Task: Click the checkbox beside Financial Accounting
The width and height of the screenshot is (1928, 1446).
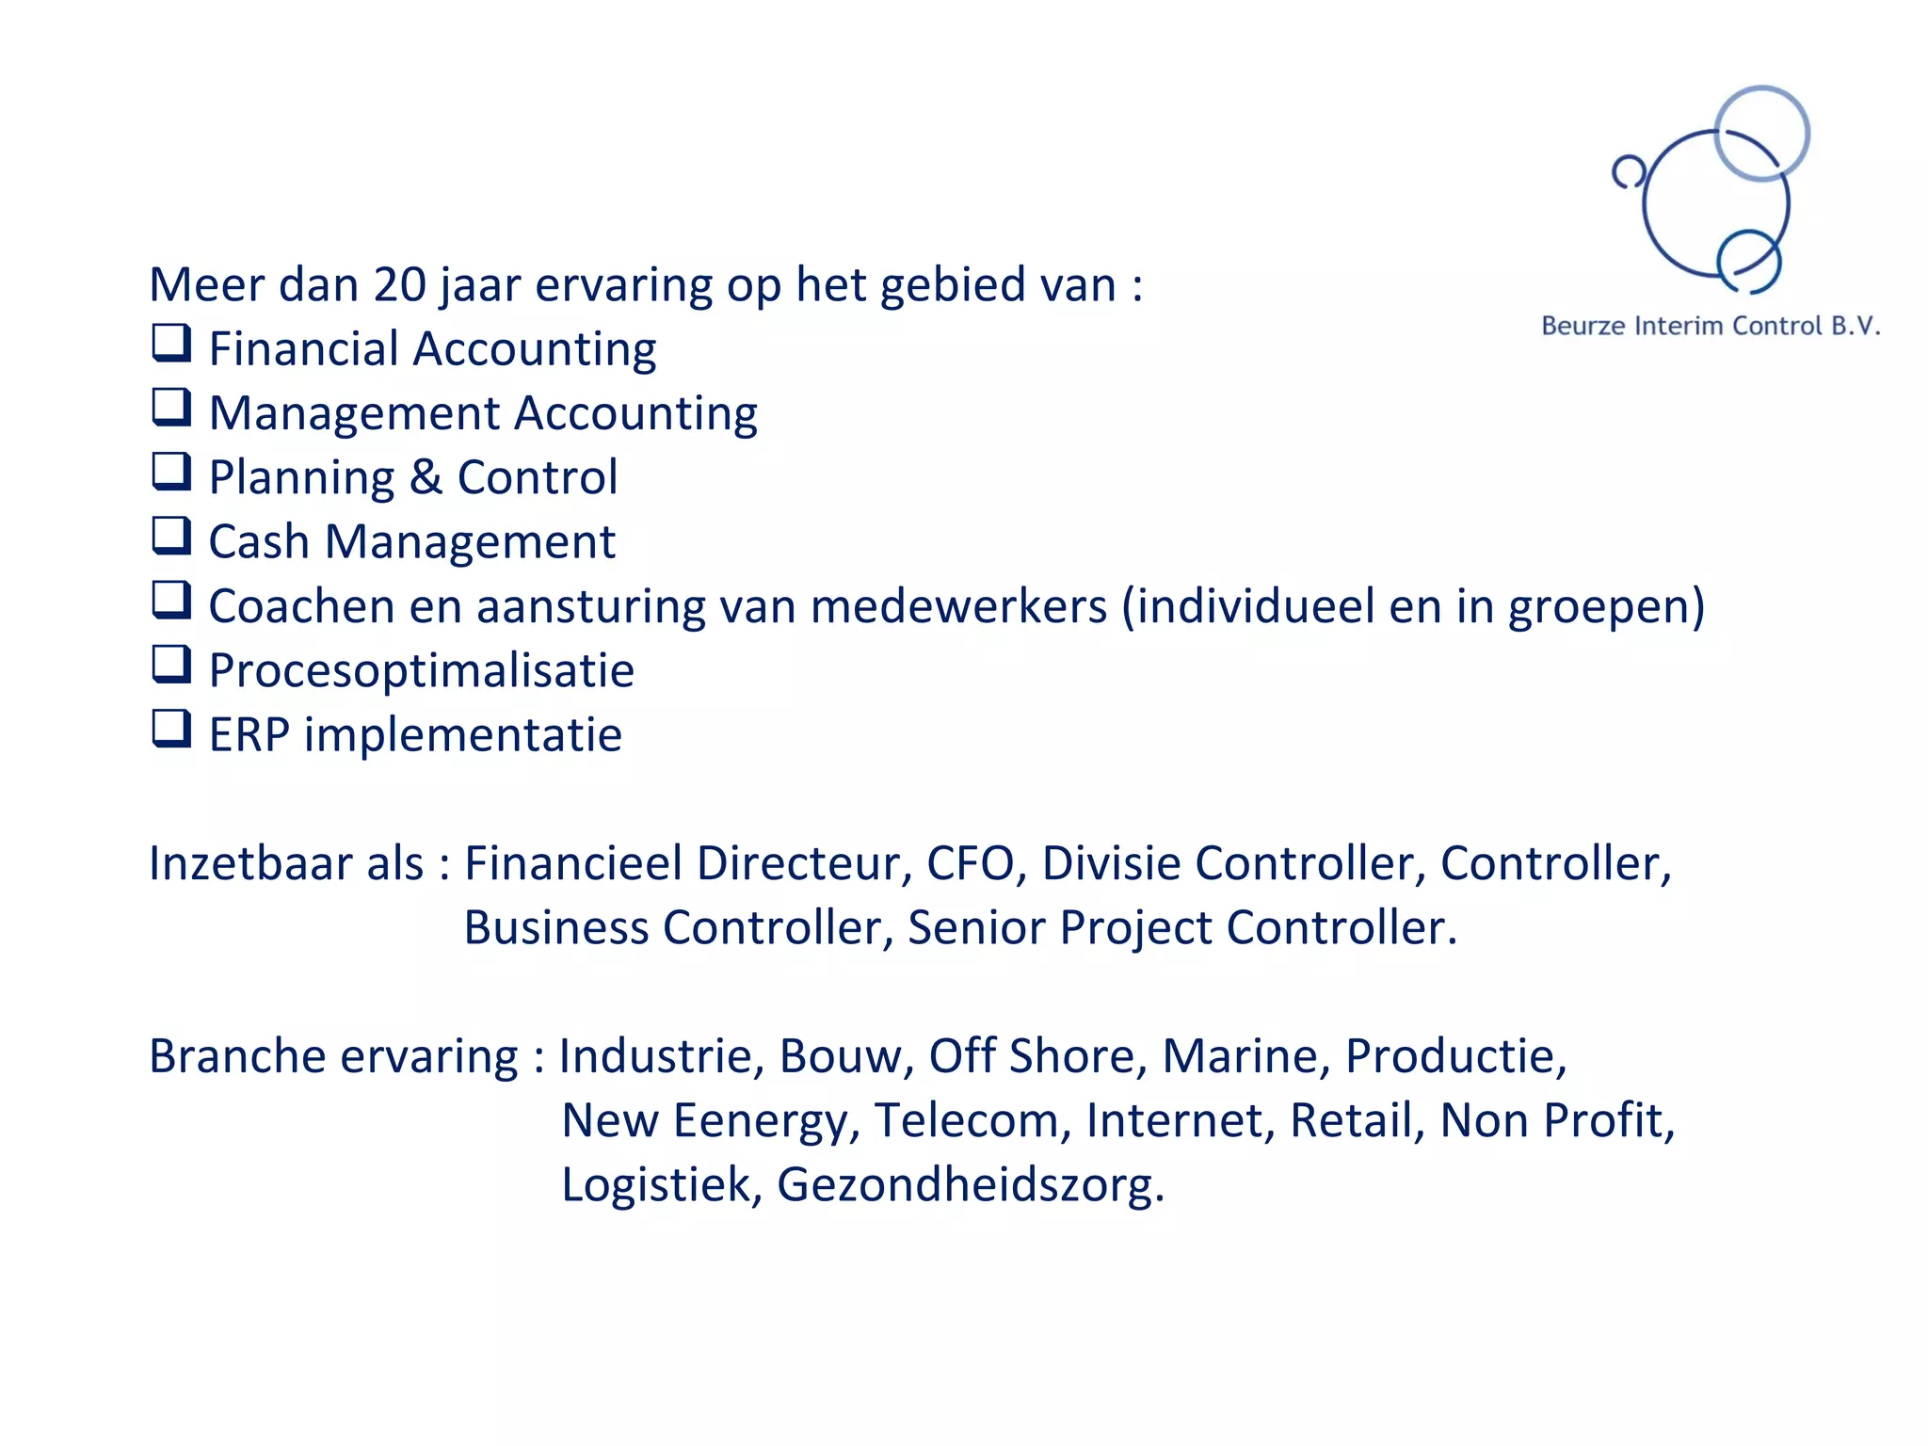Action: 172,344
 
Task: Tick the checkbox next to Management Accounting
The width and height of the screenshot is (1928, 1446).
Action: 172,408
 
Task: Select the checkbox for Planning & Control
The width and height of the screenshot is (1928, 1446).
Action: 172,472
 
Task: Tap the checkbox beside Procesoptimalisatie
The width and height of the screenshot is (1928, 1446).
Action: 172,665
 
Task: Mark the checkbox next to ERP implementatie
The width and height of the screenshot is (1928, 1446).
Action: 172,729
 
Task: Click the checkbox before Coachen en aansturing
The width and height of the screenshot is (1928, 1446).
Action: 172,601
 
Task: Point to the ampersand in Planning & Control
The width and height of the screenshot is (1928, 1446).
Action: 426,477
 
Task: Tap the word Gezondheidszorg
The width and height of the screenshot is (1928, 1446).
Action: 970,1185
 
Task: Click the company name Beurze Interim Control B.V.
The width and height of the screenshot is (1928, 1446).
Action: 1711,327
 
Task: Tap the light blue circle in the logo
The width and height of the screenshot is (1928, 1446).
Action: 1761,133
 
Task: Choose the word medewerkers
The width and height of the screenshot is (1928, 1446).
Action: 958,606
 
